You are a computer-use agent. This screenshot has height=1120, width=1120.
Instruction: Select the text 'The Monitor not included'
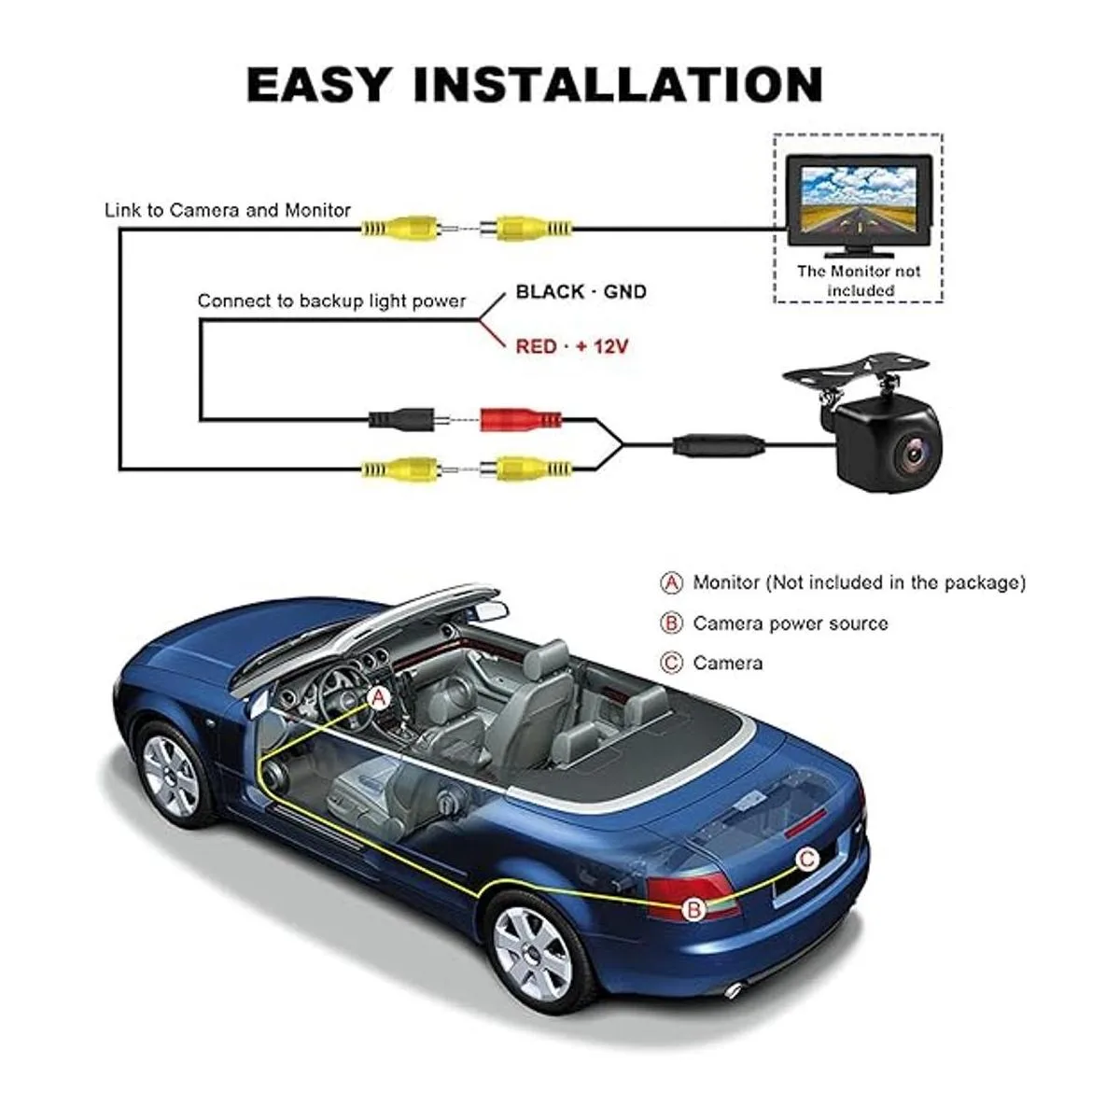point(858,281)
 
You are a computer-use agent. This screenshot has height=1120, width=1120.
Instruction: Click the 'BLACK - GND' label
point(581,292)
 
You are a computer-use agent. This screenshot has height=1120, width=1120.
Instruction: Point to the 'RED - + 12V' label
point(572,346)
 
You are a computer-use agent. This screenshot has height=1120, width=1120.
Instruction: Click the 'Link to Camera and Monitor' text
point(227,210)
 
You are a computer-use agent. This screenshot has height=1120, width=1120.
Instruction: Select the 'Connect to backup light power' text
point(331,301)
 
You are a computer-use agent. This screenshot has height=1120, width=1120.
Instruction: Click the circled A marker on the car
point(378,697)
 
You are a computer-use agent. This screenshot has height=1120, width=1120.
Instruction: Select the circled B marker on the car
point(693,909)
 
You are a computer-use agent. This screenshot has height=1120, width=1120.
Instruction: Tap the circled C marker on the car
point(806,860)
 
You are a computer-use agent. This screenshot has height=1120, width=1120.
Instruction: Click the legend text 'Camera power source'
point(791,623)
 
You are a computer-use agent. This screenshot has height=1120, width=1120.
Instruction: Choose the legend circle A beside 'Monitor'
point(672,583)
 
